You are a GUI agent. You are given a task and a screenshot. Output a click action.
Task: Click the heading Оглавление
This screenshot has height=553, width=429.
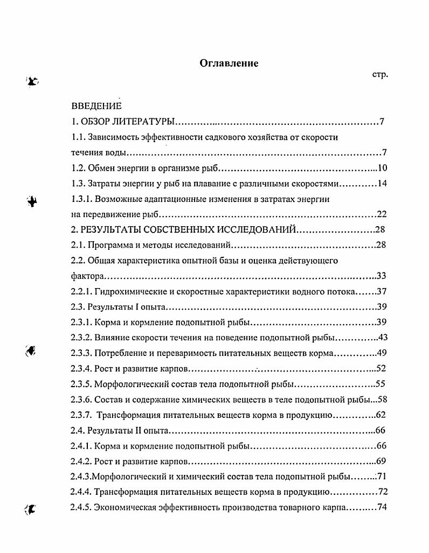[x=229, y=64]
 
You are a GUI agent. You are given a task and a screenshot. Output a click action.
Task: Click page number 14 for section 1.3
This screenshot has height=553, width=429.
[x=382, y=184]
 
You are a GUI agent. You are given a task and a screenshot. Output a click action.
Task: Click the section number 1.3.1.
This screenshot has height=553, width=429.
[x=81, y=199]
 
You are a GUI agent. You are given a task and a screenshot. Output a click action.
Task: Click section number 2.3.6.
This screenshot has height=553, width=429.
[x=81, y=400]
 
